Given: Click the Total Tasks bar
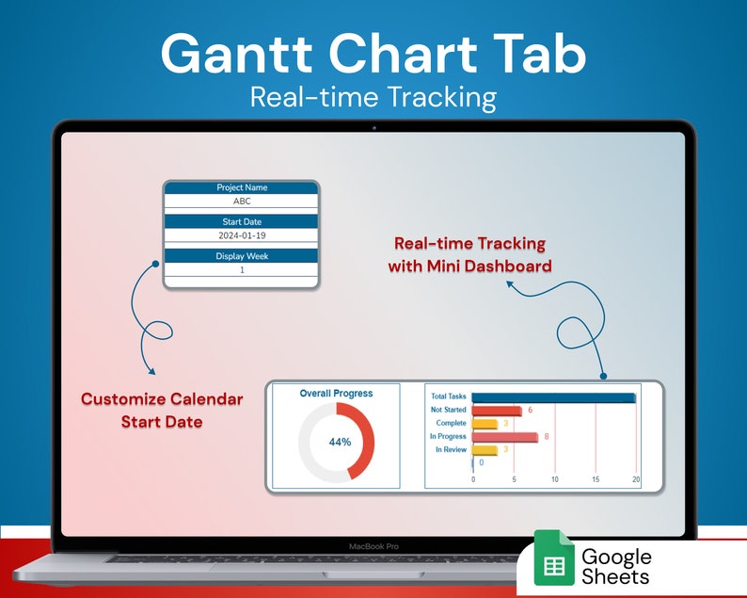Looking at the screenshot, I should point(553,397).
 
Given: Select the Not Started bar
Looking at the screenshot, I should point(496,411).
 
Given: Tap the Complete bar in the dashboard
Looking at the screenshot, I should point(484,424).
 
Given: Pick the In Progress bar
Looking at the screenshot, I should point(504,437).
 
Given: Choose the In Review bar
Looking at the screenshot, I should point(484,450).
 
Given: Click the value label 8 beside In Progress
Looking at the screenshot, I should point(546,437).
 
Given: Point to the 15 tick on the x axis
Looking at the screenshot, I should point(596,479).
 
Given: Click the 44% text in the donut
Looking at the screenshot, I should point(340,442).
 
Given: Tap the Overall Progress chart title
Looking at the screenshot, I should point(336,394).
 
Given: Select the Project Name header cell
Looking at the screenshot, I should point(242,188).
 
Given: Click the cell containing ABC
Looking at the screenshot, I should point(242,201).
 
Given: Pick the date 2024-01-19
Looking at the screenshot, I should point(242,234).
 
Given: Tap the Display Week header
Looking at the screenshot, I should point(242,256).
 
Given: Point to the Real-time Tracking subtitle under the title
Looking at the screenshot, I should point(373,97).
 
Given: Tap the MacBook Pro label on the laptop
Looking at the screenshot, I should point(373,546).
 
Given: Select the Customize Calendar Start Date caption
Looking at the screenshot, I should point(162,410).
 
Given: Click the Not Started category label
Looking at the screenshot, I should point(448,411).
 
